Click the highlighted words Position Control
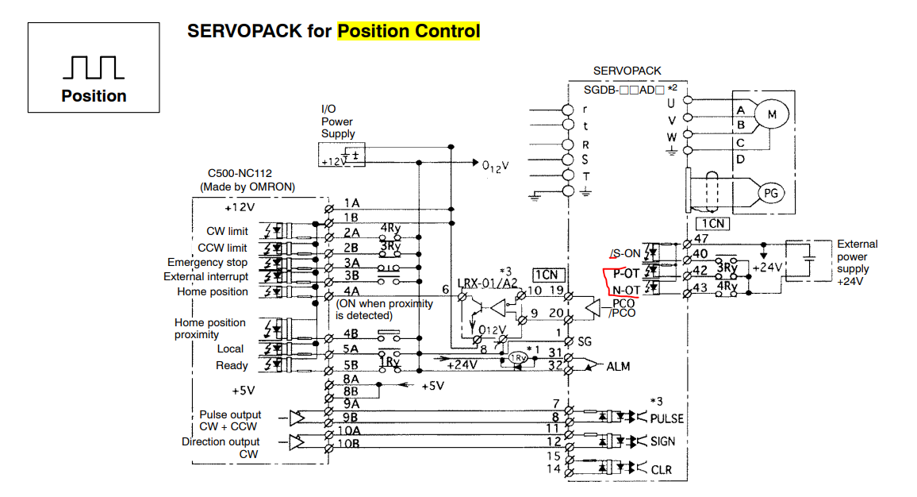point(409,31)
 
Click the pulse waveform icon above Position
point(94,67)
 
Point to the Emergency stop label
point(207,262)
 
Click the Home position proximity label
point(209,329)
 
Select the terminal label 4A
point(351,291)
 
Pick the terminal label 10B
point(352,445)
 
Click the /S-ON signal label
point(625,254)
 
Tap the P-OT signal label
point(626,273)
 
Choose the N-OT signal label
point(626,290)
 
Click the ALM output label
point(619,367)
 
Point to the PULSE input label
point(666,418)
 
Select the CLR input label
point(662,470)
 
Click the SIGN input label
point(664,442)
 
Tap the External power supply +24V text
point(857,263)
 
